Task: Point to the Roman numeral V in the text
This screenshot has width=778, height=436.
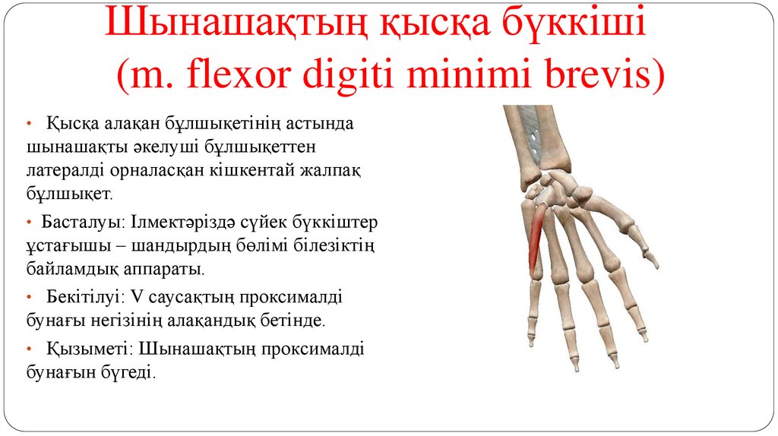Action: coord(137,295)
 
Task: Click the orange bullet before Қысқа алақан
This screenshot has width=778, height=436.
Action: coord(28,124)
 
